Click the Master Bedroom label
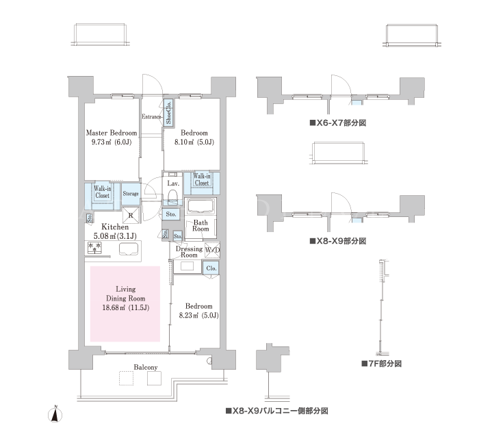(x=111, y=133)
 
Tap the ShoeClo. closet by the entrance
(x=168, y=112)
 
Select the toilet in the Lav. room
(x=173, y=196)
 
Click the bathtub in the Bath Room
(x=200, y=206)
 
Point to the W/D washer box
(x=212, y=250)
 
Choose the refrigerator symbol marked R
(x=131, y=215)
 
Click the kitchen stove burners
(x=94, y=248)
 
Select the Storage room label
(x=131, y=194)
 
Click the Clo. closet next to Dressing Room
(x=211, y=268)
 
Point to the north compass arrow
(x=55, y=416)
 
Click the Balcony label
(x=146, y=367)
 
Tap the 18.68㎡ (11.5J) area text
(x=125, y=307)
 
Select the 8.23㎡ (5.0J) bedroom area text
(x=199, y=315)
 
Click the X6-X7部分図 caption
(x=338, y=123)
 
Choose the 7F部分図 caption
(x=382, y=364)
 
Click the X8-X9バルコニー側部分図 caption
(x=276, y=411)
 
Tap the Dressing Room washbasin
(x=187, y=266)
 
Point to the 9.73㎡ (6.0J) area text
(x=112, y=142)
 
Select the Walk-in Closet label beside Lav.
(x=202, y=179)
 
